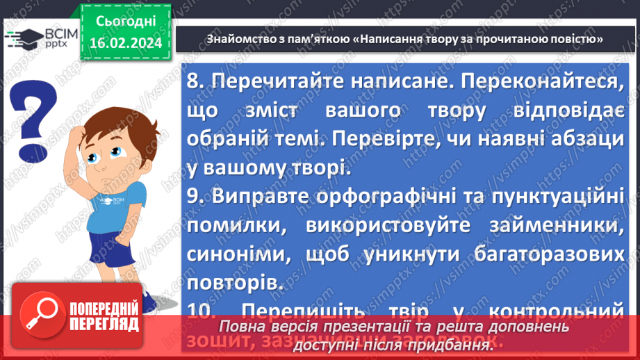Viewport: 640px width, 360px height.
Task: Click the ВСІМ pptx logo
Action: point(35,37)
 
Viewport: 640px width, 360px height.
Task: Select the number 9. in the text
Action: point(196,198)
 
